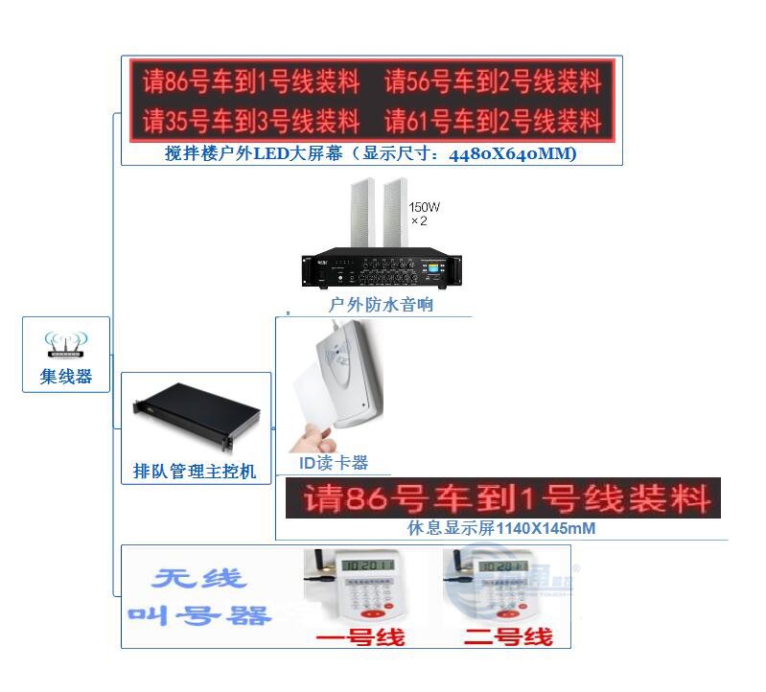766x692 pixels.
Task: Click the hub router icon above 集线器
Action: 65,344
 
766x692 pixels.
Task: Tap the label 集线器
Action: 65,377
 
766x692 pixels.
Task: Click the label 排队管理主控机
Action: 195,471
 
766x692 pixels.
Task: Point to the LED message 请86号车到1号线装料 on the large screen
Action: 251,83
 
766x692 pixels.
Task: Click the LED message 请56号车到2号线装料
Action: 493,83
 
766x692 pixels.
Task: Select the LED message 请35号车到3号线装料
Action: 251,122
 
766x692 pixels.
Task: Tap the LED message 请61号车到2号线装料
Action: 493,122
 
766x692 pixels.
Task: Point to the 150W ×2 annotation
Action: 424,214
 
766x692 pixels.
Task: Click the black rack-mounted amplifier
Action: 382,267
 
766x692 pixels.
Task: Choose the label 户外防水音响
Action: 381,305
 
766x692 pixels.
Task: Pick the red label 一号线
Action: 360,636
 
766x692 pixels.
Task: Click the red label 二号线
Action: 508,635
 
